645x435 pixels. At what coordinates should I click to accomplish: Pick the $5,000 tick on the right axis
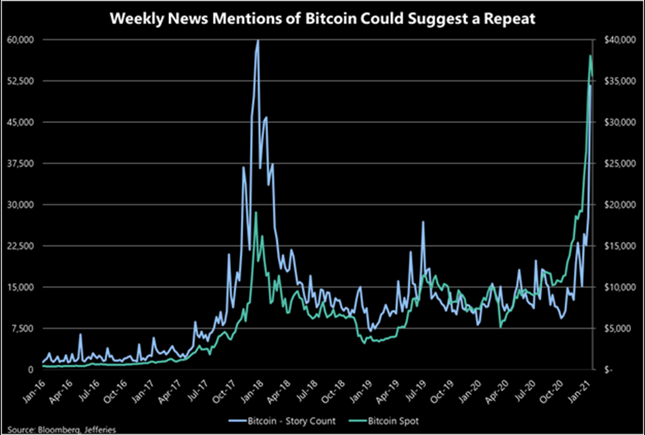(x=620, y=329)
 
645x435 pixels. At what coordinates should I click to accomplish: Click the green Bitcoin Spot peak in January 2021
(x=591, y=55)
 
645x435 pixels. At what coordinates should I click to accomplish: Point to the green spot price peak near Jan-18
(x=256, y=212)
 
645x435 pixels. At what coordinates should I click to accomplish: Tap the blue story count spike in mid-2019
(x=423, y=222)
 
